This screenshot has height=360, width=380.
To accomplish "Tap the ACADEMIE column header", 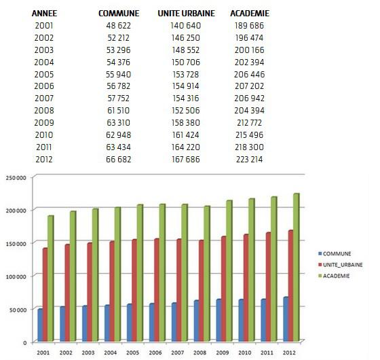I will [249, 14].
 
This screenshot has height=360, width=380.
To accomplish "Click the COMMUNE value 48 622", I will [114, 25].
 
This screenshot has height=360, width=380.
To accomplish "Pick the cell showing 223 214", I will [249, 159].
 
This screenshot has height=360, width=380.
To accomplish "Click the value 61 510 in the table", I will [114, 110].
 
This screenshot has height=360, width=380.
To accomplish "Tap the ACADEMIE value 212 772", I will [249, 122].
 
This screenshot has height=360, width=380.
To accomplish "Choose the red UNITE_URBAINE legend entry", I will [339, 264].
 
